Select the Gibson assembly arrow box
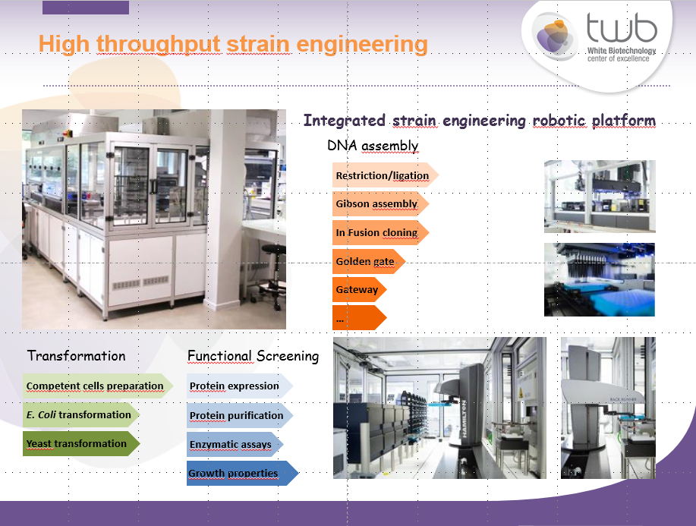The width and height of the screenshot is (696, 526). point(380,203)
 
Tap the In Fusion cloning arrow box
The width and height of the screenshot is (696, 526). point(380,232)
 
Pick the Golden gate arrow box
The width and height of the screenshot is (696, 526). point(369,261)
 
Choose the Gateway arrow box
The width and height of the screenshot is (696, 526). point(360,290)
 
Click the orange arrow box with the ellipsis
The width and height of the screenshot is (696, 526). point(360,318)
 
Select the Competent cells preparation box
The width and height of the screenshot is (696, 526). point(98,386)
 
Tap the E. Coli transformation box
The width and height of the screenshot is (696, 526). point(81,414)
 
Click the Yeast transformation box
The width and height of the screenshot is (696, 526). point(81,443)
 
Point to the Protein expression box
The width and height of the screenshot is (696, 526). point(240,386)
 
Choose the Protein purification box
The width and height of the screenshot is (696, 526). point(240,415)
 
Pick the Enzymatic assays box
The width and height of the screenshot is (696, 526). point(235,444)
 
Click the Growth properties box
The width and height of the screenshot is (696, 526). point(243,473)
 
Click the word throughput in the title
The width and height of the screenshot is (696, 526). point(159,44)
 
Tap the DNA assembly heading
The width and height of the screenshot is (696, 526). point(373,146)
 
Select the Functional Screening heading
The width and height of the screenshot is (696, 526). point(253,356)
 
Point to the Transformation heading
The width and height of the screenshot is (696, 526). point(77,355)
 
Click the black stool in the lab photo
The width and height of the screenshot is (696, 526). point(271,276)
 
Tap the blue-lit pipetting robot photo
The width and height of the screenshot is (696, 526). point(600,279)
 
